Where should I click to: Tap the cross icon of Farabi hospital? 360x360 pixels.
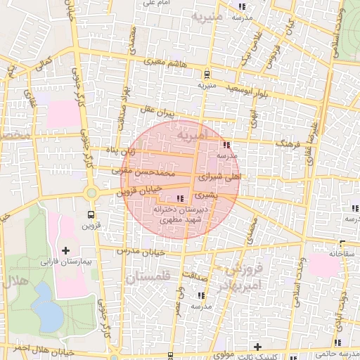coord(66,250)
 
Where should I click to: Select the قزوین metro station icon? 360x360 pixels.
coord(90,214)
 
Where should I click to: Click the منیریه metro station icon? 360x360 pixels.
coord(206,74)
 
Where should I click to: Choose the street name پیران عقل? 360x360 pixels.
coord(155,112)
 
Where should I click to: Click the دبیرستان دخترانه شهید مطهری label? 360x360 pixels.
coord(181,214)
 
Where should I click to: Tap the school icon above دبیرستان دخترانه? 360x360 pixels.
coord(181,199)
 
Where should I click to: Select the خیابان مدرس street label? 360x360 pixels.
coord(143,251)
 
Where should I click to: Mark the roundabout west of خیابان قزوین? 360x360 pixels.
coord(90,193)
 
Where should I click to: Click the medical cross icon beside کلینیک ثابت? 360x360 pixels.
coord(258,347)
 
